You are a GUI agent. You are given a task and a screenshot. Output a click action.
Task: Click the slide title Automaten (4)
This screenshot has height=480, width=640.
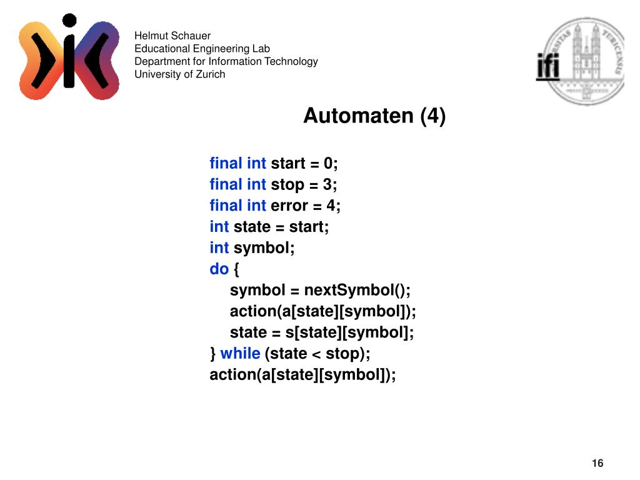pos(374,116)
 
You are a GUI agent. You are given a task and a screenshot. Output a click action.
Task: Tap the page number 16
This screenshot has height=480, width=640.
pos(597,463)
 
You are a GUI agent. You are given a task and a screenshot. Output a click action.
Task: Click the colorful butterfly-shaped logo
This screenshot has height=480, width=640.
pos(69,57)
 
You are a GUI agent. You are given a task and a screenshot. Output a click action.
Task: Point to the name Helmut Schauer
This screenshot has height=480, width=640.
pos(172,36)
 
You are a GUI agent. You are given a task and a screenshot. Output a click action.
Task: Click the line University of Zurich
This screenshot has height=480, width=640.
pos(180,74)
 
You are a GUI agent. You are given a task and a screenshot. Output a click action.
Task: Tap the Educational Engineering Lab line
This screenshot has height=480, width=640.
pos(202,49)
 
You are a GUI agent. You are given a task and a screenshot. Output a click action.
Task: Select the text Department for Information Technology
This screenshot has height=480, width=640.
pos(226,61)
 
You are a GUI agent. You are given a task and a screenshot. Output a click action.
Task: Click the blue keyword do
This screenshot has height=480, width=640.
pos(219,269)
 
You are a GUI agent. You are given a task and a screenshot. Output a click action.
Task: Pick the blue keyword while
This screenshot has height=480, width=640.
pos(240,354)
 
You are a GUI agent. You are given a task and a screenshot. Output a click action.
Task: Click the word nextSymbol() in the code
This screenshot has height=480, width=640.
pos(357,291)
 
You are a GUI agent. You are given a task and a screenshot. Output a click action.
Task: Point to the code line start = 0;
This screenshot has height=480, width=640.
pos(304,164)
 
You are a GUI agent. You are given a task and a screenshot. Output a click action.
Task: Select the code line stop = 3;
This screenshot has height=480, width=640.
pos(304,185)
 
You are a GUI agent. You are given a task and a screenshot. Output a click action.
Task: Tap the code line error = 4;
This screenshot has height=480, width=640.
pos(306,206)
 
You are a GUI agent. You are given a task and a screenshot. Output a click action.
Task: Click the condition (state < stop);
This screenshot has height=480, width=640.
pos(317,354)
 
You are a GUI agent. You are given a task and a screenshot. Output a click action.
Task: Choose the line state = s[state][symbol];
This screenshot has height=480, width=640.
pos(322,332)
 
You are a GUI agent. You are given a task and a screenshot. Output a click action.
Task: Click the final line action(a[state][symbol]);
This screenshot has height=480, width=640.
pos(303,375)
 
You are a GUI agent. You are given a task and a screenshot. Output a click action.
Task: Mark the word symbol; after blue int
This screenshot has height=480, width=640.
pos(264,248)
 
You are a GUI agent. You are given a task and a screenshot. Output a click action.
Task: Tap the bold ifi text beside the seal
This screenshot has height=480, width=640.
pos(548,67)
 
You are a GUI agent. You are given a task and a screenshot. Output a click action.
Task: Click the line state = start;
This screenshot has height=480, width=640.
pos(281,227)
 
